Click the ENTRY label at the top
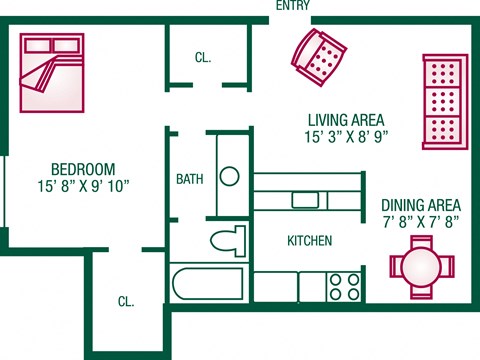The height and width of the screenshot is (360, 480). pyautogui.click(x=292, y=6)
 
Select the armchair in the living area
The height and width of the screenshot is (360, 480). pyautogui.click(x=320, y=56)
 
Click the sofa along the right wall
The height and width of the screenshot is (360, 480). pyautogui.click(x=443, y=100)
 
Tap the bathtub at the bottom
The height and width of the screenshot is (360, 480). pyautogui.click(x=208, y=283)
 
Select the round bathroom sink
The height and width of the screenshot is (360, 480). pyautogui.click(x=230, y=177)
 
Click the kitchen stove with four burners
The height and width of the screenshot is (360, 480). pyautogui.click(x=345, y=286)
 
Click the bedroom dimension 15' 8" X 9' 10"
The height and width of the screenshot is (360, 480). pyautogui.click(x=83, y=186)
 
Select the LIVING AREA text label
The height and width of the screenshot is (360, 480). pyautogui.click(x=345, y=120)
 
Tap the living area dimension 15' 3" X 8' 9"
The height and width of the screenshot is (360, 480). pyautogui.click(x=345, y=137)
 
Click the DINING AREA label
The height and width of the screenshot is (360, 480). pyautogui.click(x=421, y=205)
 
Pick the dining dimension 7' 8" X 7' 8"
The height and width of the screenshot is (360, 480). pyautogui.click(x=421, y=223)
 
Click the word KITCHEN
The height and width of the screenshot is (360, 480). pyautogui.click(x=309, y=241)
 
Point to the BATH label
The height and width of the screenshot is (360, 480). pyautogui.click(x=190, y=180)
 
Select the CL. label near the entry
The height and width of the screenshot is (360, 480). pyautogui.click(x=203, y=58)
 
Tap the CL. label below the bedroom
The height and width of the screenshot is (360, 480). pyautogui.click(x=126, y=301)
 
